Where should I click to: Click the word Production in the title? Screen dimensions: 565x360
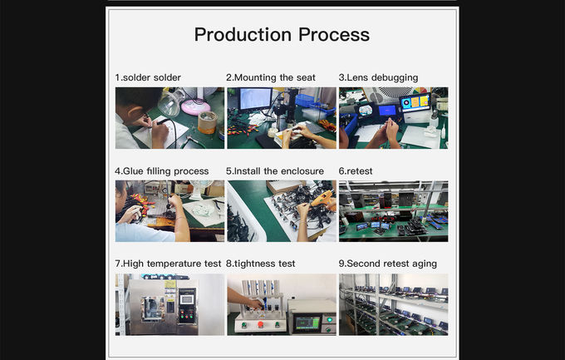pos(243,35)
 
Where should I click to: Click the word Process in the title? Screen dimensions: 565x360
pos(334,35)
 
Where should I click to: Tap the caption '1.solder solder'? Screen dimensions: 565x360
pos(148,77)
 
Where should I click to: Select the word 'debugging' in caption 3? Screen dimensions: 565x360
pos(395,78)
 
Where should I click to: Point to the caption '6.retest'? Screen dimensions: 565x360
pos(356,171)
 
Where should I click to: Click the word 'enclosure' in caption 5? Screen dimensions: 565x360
pos(302,171)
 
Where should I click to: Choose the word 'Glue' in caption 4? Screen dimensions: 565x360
pos(133,171)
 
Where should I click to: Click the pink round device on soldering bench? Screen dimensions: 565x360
pos(195,106)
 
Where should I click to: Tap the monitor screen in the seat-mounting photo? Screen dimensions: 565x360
pos(255,98)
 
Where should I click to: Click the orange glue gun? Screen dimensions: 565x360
pos(322,198)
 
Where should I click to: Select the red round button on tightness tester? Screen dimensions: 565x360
pos(261,324)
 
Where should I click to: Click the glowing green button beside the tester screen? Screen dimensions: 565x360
pos(329,320)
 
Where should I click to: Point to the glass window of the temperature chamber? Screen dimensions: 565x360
pos(153,308)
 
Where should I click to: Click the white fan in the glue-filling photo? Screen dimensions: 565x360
pos(200,189)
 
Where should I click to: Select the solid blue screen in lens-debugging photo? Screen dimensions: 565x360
pos(388,110)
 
